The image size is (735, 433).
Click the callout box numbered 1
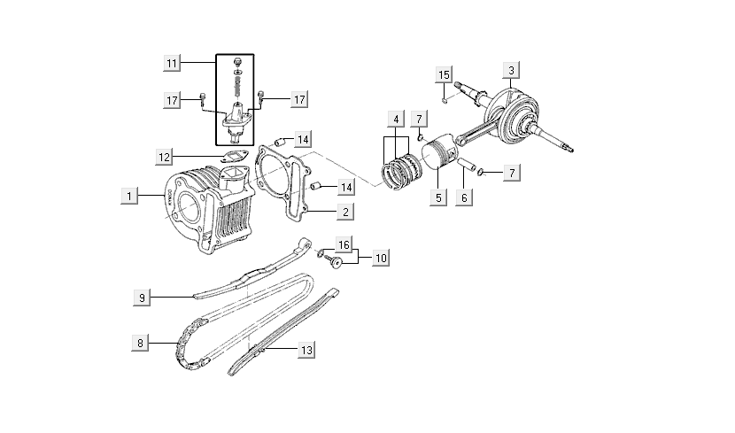pos(129,195)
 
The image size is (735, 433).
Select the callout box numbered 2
pos(344,212)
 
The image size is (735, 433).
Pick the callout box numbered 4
pos(396,119)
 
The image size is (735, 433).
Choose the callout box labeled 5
pos(437,197)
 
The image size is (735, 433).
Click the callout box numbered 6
pos(462,197)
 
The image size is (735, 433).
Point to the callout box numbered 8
pos(140,341)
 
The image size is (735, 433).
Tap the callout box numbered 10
pos(380,258)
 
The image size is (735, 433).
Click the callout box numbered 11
pos(172,63)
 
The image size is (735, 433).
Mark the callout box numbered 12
pos(165,157)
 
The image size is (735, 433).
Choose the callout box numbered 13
pos(306,351)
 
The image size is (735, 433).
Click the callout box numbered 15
pos(445,73)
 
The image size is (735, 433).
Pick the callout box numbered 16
pos(344,244)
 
